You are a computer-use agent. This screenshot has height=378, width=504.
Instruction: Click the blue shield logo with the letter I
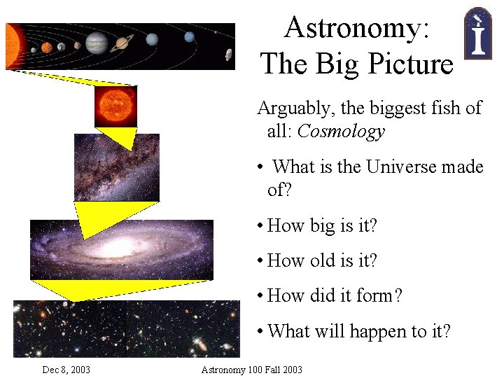coord(477,34)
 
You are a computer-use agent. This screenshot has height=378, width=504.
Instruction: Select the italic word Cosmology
coord(341,132)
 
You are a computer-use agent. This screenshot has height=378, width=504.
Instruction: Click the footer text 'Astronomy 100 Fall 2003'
coord(251,370)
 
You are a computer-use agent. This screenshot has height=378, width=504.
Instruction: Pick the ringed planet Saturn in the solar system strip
coord(122,43)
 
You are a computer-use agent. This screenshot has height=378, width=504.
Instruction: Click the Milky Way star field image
coord(116,167)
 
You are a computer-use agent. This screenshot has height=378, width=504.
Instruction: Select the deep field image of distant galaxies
coord(126,328)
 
